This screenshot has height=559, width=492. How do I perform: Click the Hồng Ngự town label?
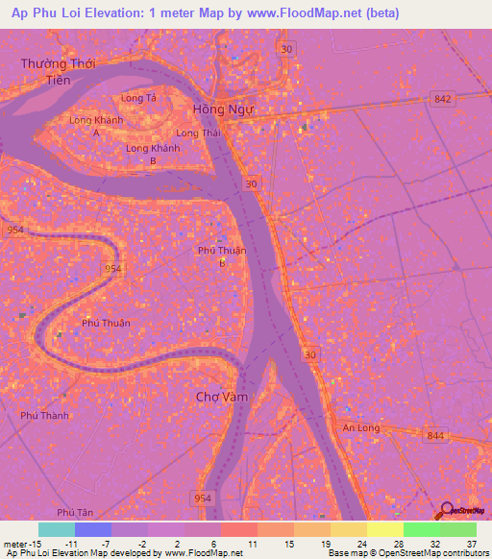tap(223, 109)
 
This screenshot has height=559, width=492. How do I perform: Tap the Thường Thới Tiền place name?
tap(56, 72)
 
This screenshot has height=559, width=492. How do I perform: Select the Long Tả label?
tap(138, 98)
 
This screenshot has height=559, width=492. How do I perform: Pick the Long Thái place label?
tap(198, 133)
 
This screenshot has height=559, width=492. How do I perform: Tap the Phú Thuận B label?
tap(222, 256)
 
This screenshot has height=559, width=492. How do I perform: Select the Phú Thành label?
tap(44, 416)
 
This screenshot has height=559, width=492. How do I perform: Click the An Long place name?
tap(361, 427)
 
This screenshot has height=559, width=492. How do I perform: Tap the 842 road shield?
tap(442, 99)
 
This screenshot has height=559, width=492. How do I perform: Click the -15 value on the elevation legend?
tap(38, 543)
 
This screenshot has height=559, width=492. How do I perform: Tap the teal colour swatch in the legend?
tap(57, 529)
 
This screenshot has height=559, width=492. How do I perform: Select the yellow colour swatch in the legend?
tap(384, 529)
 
